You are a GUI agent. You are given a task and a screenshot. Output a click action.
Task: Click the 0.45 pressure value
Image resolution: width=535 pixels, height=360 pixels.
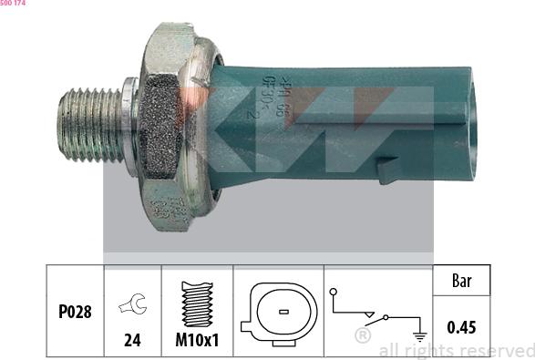click(460, 326)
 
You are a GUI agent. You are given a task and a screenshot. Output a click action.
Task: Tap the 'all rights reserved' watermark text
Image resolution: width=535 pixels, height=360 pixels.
click(456, 350)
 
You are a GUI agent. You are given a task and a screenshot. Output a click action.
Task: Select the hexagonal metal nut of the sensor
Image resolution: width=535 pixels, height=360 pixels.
click(169, 128)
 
